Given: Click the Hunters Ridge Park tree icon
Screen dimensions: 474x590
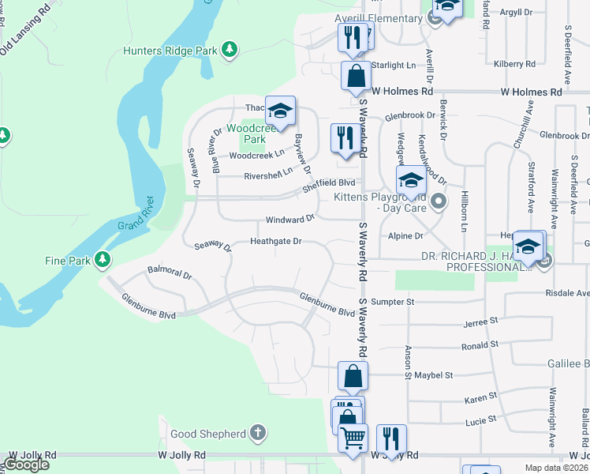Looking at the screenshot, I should [x=230, y=51].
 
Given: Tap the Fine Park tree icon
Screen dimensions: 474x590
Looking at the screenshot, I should [x=102, y=259].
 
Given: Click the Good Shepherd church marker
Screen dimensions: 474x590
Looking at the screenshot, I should [x=257, y=433].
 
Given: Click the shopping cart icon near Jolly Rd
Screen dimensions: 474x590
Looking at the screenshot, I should [x=353, y=438].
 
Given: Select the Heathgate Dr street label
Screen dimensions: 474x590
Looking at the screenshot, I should [x=276, y=241].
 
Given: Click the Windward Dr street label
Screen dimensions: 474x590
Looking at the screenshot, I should [x=290, y=217].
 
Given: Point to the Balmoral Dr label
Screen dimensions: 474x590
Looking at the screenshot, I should [x=170, y=273].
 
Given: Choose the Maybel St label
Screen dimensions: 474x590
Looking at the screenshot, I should [x=435, y=375].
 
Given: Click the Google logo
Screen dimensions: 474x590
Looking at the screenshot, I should [x=26, y=464].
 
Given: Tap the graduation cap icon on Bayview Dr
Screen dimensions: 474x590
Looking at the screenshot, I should [x=280, y=111].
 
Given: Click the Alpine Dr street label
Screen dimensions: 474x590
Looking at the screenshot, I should [x=406, y=235].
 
